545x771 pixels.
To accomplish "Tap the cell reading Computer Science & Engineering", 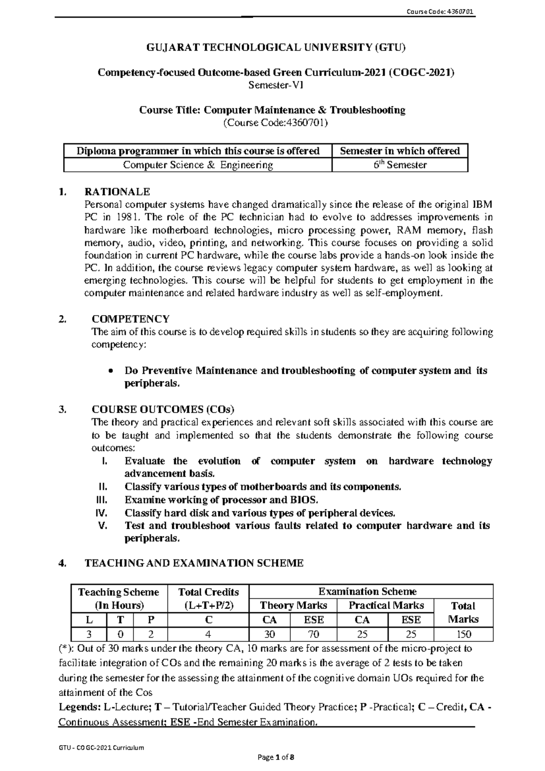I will (198, 165).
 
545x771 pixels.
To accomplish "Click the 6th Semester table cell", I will (400, 165).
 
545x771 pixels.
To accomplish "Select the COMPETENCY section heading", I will (130, 319).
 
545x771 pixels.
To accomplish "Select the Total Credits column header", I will (208, 592).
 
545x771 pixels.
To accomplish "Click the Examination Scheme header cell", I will (367, 591).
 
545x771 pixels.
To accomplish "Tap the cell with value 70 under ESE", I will (313, 634).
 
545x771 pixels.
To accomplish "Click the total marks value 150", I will (463, 634).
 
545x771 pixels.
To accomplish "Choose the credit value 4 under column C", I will (208, 634).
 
